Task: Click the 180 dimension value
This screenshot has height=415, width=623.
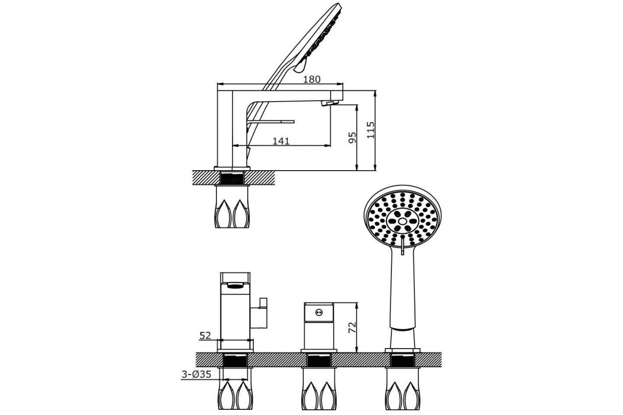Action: (x=311, y=79)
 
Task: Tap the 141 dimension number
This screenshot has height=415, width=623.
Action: (x=281, y=141)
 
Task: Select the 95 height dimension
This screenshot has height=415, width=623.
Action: (x=352, y=137)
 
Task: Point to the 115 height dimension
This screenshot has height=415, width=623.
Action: (x=371, y=130)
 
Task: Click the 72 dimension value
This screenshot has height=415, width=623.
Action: (x=352, y=327)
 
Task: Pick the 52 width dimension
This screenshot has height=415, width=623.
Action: (x=205, y=336)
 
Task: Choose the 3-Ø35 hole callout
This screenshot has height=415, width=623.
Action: (x=196, y=375)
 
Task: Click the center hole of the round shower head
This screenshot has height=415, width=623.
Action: (x=402, y=221)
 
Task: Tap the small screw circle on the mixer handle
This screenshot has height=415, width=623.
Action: (x=319, y=312)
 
